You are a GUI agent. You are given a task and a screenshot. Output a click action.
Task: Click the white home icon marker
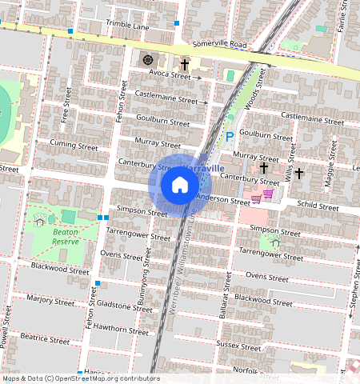coord(180,186)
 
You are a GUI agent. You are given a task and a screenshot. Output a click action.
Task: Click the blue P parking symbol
coord(230,137)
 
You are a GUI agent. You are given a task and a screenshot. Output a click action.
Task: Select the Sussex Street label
coord(238,347)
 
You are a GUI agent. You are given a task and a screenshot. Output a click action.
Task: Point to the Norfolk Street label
coord(254,370)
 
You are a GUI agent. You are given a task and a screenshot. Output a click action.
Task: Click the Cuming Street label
coord(73,146)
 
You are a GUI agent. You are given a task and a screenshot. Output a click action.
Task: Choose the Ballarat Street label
coord(226,297)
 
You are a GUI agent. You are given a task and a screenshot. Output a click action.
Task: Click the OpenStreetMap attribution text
coord(81,378)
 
